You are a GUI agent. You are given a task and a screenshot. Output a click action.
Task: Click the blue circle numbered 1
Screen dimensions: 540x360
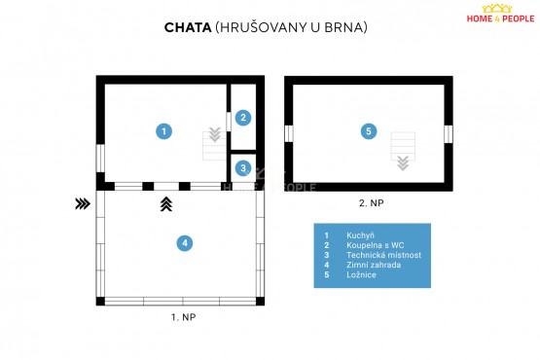click(x=163, y=131)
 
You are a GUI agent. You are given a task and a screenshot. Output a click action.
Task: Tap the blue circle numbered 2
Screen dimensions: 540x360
click(x=243, y=118)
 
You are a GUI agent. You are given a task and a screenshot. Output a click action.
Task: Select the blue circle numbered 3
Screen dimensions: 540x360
click(x=243, y=168)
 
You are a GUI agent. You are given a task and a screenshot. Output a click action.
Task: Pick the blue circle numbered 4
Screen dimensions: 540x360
click(x=185, y=243)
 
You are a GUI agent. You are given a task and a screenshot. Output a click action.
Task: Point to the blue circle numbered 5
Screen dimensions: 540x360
click(x=369, y=131)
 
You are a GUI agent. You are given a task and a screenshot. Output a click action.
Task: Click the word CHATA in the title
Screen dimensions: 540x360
click(x=188, y=27)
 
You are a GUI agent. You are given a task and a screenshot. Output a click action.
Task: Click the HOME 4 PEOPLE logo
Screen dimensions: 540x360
click(x=500, y=14)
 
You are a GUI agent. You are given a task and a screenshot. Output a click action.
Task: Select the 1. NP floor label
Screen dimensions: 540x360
click(x=184, y=317)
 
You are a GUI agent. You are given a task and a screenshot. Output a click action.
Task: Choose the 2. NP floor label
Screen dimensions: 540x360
click(x=372, y=203)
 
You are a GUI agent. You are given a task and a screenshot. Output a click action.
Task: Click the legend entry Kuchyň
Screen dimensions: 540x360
click(x=360, y=235)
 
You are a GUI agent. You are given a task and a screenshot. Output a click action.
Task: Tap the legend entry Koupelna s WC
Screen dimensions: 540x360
click(x=375, y=245)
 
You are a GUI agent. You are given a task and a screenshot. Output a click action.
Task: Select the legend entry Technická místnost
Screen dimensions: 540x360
click(x=383, y=255)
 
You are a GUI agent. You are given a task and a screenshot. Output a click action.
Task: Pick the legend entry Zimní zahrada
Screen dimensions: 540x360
click(x=374, y=265)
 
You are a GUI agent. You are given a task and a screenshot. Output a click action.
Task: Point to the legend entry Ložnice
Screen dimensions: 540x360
click(x=361, y=274)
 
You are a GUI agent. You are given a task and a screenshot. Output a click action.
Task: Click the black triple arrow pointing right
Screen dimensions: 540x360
click(x=83, y=204)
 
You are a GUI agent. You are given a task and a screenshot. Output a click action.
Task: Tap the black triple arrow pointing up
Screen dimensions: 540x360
click(x=166, y=204)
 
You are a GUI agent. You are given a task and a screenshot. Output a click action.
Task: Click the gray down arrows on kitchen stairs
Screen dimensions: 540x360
click(x=215, y=134)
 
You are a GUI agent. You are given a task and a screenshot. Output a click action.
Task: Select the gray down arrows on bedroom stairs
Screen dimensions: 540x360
click(x=403, y=163)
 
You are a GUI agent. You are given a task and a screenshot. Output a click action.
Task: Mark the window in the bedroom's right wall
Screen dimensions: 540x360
click(x=448, y=134)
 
